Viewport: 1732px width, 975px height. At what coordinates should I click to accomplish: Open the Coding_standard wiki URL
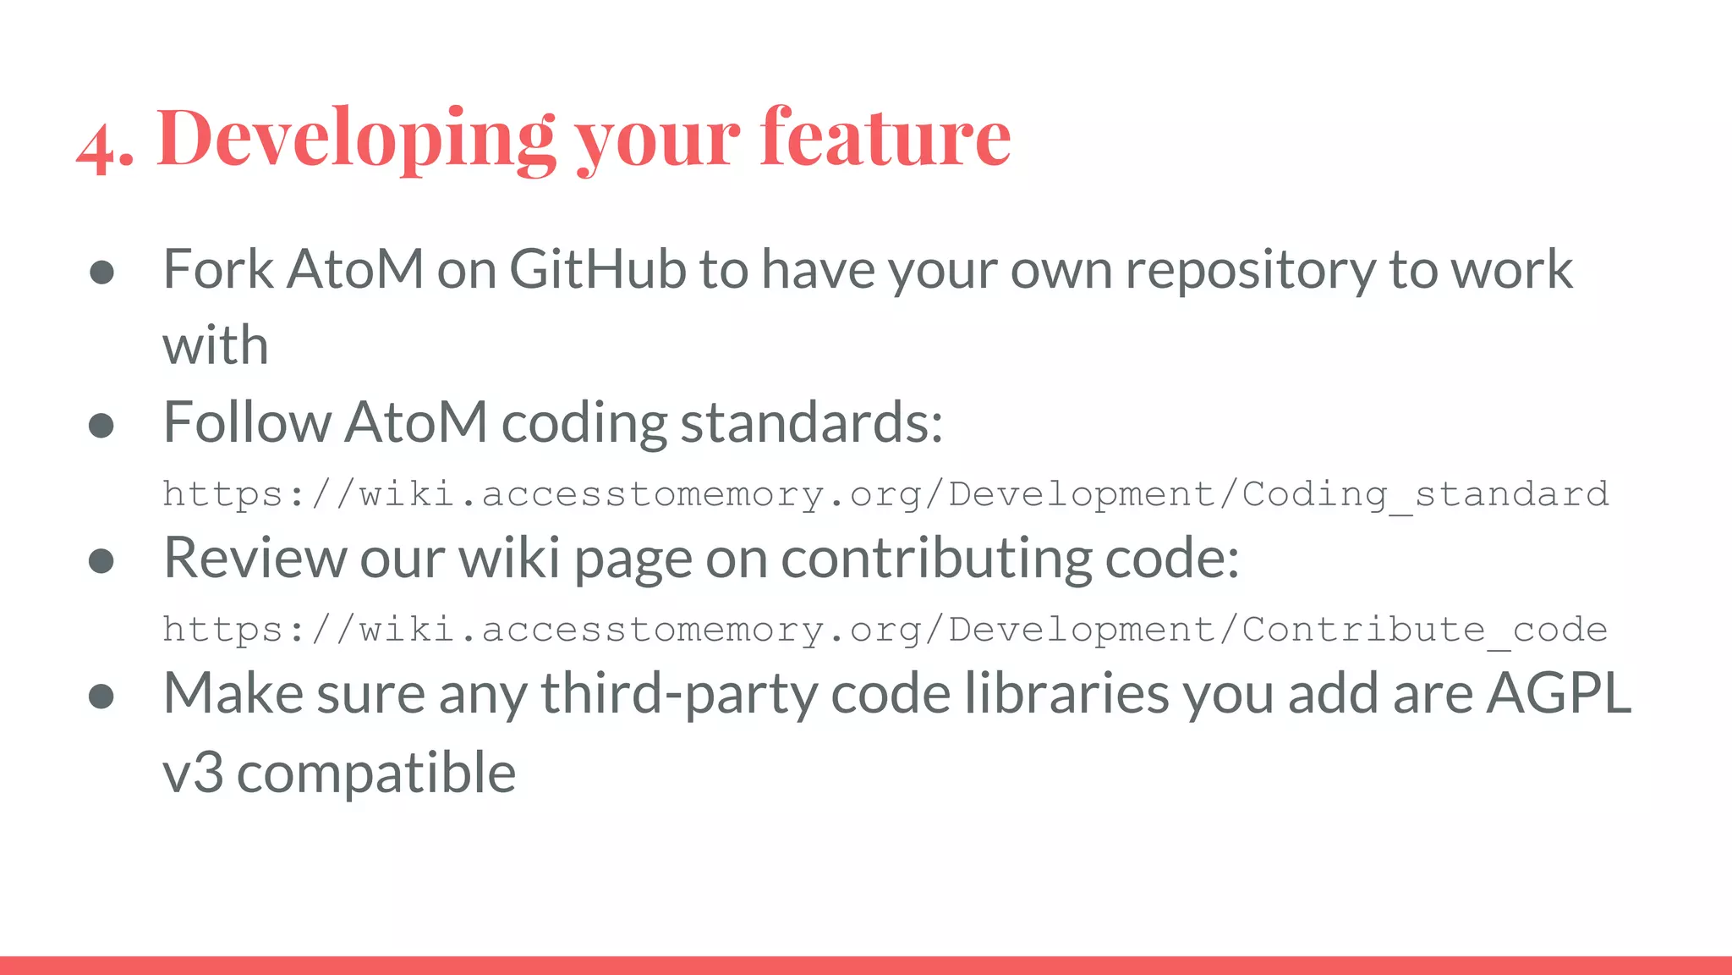point(885,494)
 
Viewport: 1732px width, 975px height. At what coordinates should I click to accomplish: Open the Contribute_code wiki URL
point(885,630)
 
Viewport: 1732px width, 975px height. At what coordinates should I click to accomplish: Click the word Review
point(255,558)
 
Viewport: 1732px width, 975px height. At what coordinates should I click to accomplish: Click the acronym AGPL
point(1559,693)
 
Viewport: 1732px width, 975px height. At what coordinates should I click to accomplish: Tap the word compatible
point(375,772)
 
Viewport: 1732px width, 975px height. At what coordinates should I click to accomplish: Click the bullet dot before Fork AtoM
point(101,272)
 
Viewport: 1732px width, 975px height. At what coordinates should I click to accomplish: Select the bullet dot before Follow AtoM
point(101,425)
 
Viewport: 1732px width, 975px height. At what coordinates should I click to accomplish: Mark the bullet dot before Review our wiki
point(101,560)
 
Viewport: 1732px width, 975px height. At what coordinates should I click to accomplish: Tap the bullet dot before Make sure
point(101,696)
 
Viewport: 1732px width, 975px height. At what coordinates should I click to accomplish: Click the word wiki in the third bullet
point(509,558)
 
